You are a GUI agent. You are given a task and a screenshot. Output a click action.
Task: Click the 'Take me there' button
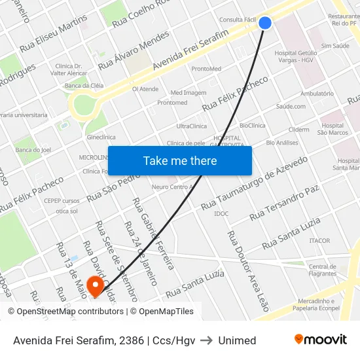coord(179,160)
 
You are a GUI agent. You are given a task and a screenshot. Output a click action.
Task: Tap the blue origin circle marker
coord(265,23)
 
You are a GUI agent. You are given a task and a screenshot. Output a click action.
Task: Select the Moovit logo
coord(320,340)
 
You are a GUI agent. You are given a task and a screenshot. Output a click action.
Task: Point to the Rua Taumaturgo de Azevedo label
coord(254,183)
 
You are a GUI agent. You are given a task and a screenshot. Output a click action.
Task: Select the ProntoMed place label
coord(206,69)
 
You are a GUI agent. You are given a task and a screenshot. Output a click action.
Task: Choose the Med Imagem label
coord(188,93)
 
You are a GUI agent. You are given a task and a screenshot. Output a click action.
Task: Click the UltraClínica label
coord(191,126)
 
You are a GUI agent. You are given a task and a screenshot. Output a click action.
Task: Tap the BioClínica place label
coord(253,125)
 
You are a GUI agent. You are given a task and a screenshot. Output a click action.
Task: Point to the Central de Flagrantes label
coord(323,270)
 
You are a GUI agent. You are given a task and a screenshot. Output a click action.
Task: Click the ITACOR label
coord(319,241)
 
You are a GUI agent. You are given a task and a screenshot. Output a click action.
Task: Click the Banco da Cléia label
coord(84,86)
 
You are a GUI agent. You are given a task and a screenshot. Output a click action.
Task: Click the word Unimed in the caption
coord(237,340)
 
